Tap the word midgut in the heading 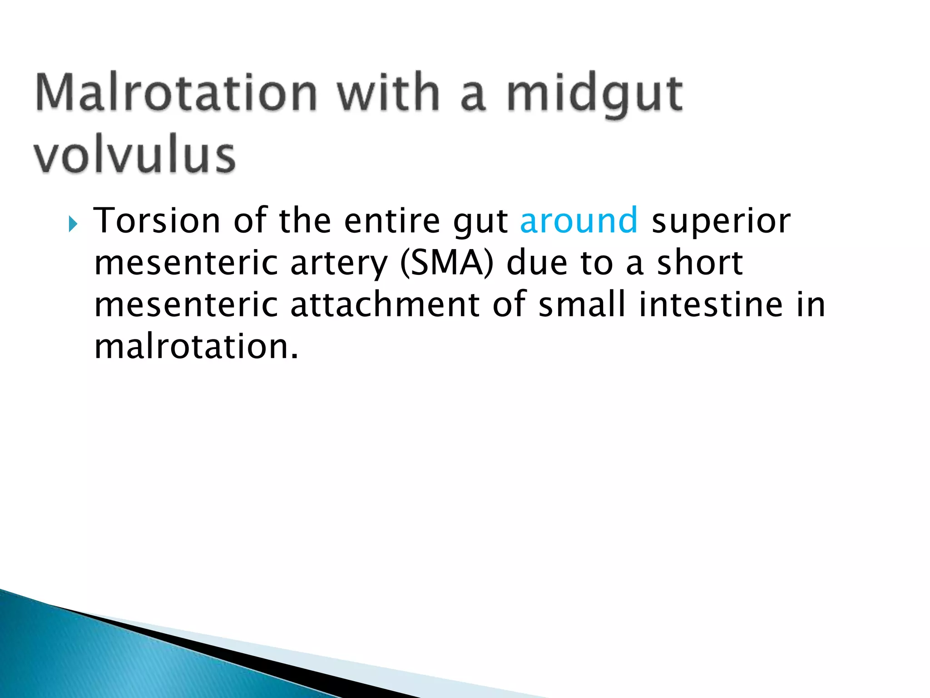pos(594,95)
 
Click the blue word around pos(579,220)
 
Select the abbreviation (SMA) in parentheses pos(446,264)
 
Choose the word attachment pos(385,304)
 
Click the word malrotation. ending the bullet pos(196,346)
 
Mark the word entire pos(392,220)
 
